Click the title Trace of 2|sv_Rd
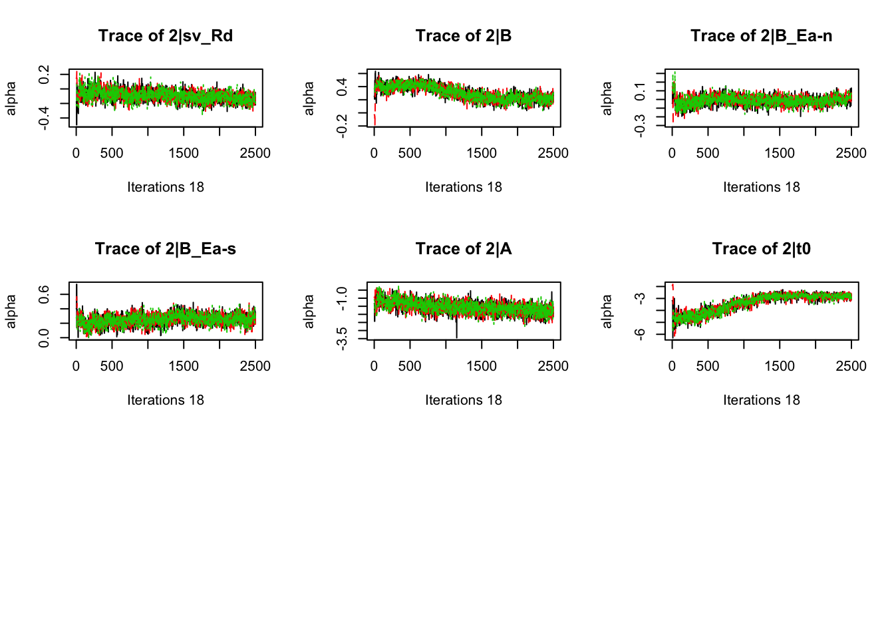166,36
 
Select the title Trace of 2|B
464,36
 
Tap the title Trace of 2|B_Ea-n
761,36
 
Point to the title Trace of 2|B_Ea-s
166,249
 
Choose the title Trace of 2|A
464,249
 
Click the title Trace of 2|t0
761,249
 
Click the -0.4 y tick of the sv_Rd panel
44,119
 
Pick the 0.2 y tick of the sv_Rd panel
44,75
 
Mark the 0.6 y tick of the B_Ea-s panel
44,294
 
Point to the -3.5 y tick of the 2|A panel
342,338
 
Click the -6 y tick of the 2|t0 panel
640,334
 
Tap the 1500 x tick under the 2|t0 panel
780,366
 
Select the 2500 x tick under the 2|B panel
553,153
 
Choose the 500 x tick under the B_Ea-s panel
112,366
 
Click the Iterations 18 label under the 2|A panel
464,400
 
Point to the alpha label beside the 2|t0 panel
607,312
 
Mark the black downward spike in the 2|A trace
456,329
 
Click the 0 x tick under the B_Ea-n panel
672,153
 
